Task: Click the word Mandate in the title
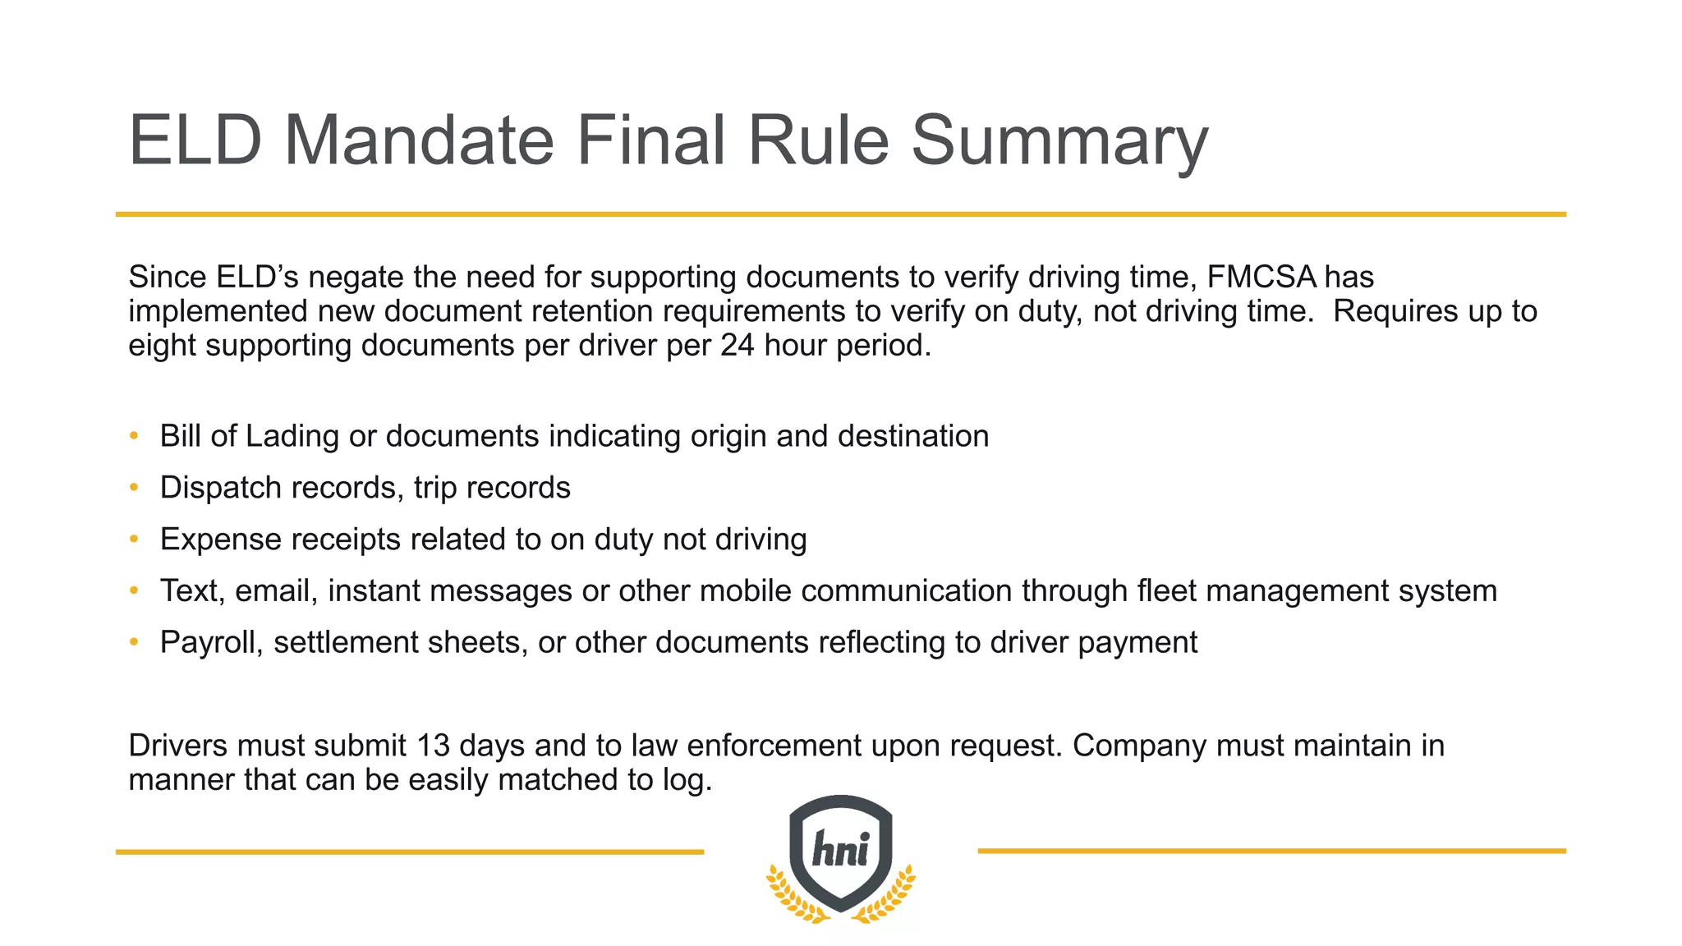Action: [419, 140]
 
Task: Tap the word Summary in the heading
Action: [1059, 140]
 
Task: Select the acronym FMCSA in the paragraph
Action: [1261, 278]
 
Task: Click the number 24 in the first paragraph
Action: [738, 346]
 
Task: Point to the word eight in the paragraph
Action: [162, 346]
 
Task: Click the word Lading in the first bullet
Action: [292, 437]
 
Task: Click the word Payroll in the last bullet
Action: [211, 643]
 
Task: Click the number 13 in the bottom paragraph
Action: [434, 746]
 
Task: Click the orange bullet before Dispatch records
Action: [134, 488]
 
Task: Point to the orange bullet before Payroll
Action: [134, 643]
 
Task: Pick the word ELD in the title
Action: [195, 140]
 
